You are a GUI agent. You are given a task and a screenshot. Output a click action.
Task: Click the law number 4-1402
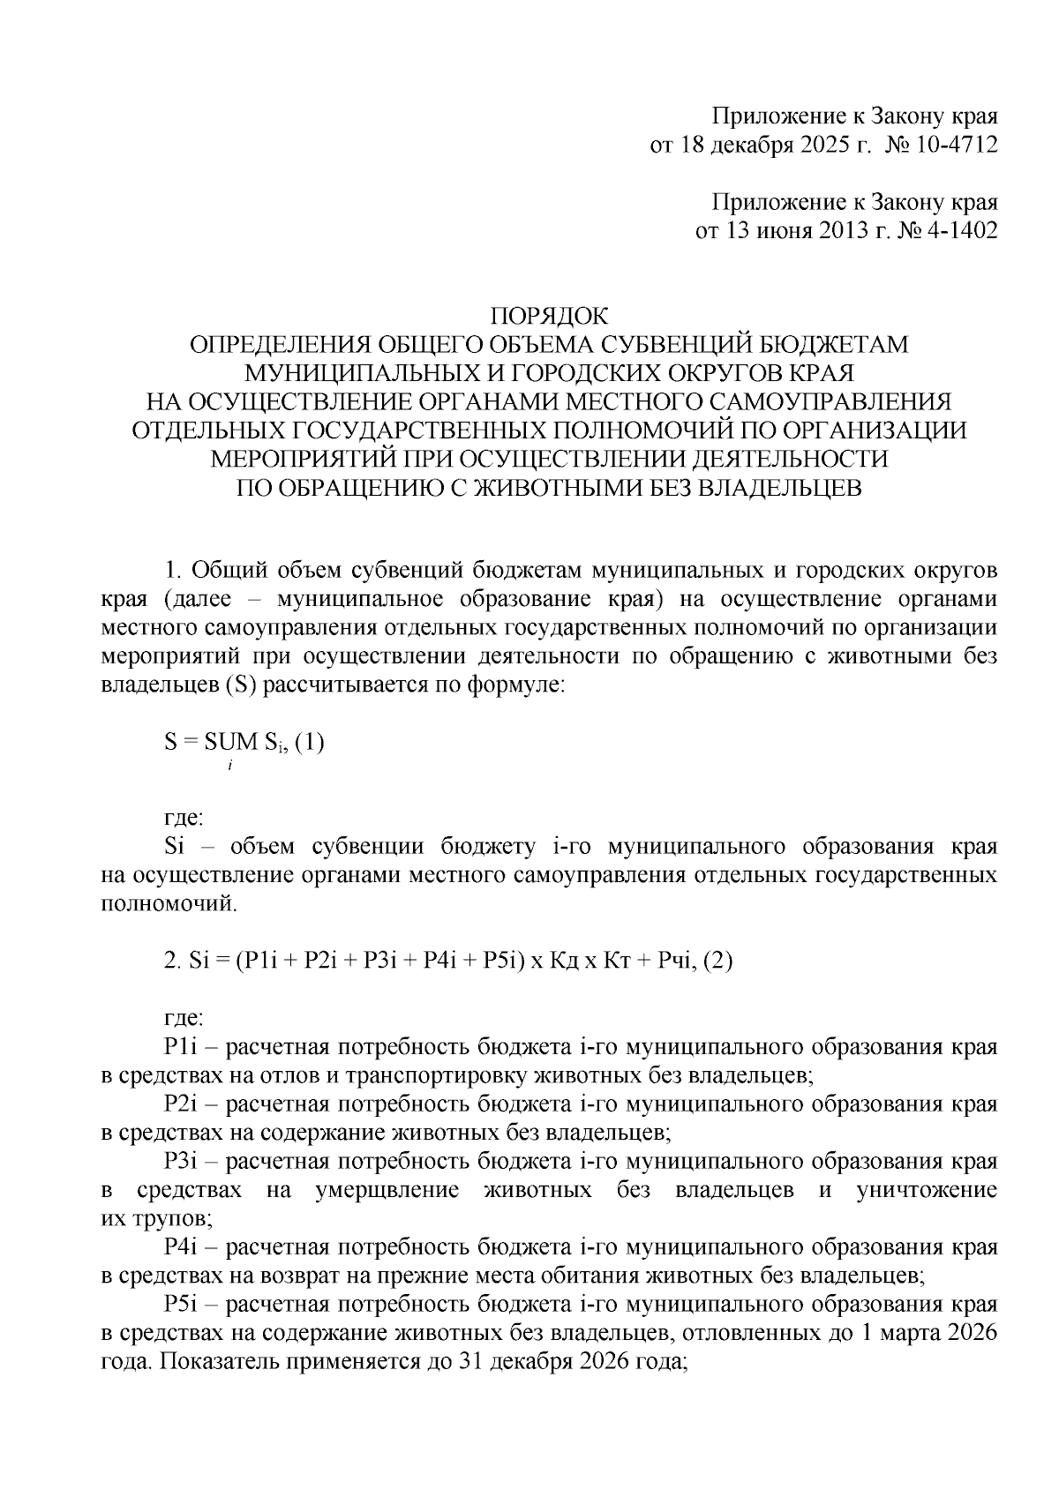(962, 231)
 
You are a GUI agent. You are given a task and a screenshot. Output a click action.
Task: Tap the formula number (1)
(310, 743)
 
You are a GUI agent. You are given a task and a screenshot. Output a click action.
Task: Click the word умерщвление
(386, 1190)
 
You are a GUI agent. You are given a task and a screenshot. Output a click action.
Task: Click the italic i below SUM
(229, 767)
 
